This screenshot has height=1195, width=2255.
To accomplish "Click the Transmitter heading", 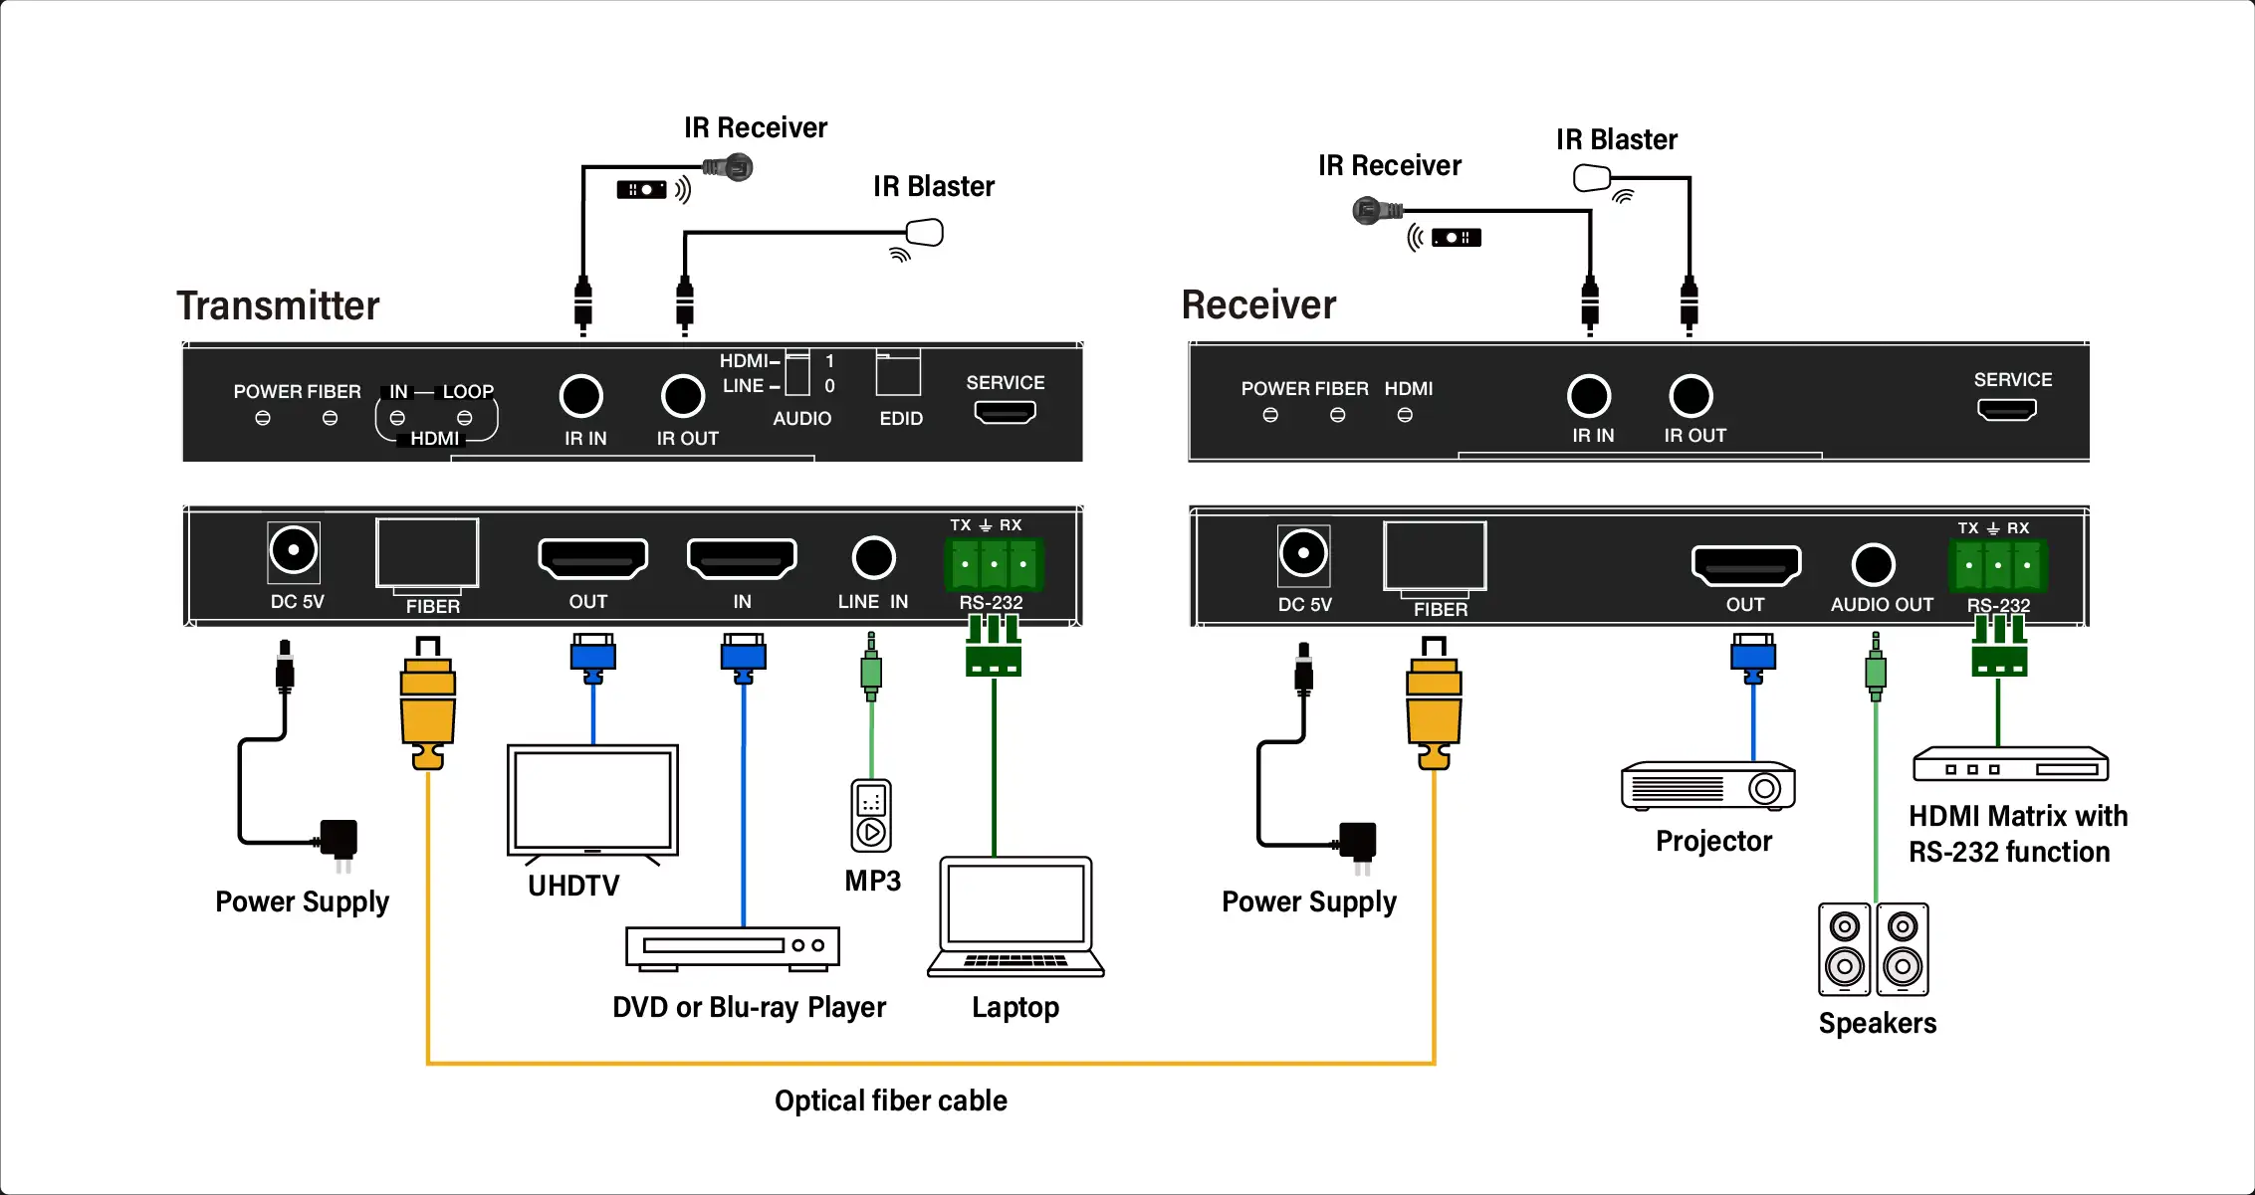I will [278, 305].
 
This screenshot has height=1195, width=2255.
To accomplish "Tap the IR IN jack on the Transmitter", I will [581, 396].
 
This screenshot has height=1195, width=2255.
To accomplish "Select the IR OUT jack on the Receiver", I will [1691, 396].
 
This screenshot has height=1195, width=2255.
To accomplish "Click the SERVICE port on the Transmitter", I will [1005, 411].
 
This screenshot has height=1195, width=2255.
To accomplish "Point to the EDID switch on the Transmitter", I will [898, 374].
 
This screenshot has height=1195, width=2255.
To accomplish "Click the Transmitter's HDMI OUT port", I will [592, 558].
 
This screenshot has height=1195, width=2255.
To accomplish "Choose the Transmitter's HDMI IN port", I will [742, 558].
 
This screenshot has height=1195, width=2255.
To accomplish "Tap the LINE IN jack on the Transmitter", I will [873, 558].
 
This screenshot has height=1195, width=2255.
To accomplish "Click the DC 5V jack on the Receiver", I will [1303, 554].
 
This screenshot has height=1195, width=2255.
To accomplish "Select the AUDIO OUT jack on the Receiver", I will [1873, 565].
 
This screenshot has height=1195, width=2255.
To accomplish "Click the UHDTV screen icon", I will [592, 801].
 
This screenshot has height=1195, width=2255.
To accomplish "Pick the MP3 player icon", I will [871, 816].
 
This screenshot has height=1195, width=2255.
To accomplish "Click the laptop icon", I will [1015, 915].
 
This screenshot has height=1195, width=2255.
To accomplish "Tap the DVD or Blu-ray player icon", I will [732, 947].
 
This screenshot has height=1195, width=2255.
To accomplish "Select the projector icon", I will [1707, 787].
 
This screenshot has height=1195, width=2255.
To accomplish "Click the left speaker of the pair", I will [1844, 949].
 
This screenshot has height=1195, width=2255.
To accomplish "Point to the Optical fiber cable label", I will [890, 1100].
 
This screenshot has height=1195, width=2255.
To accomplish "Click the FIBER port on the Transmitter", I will [427, 553].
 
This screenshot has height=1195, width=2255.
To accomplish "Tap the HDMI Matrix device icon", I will [2010, 765].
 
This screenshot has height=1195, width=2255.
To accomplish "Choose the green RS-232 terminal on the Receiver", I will [1997, 565].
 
